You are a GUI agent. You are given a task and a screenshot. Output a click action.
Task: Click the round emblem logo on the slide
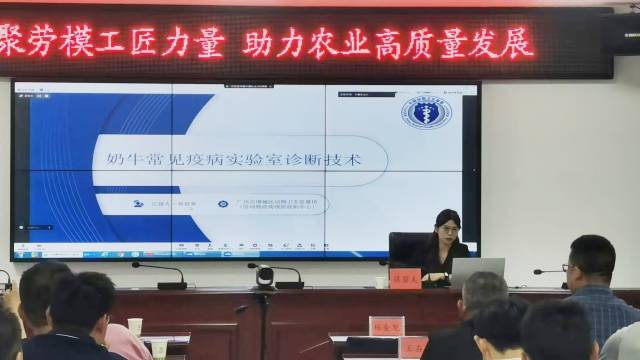pos(426,111)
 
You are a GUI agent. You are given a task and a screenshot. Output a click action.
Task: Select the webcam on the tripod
pos(264,277)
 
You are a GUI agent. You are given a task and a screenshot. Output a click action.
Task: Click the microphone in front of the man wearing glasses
pos(549,272)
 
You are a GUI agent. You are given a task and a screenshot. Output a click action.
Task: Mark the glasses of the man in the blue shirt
pos(566,267)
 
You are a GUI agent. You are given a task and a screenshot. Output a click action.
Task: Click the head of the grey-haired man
pos(484,294)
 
